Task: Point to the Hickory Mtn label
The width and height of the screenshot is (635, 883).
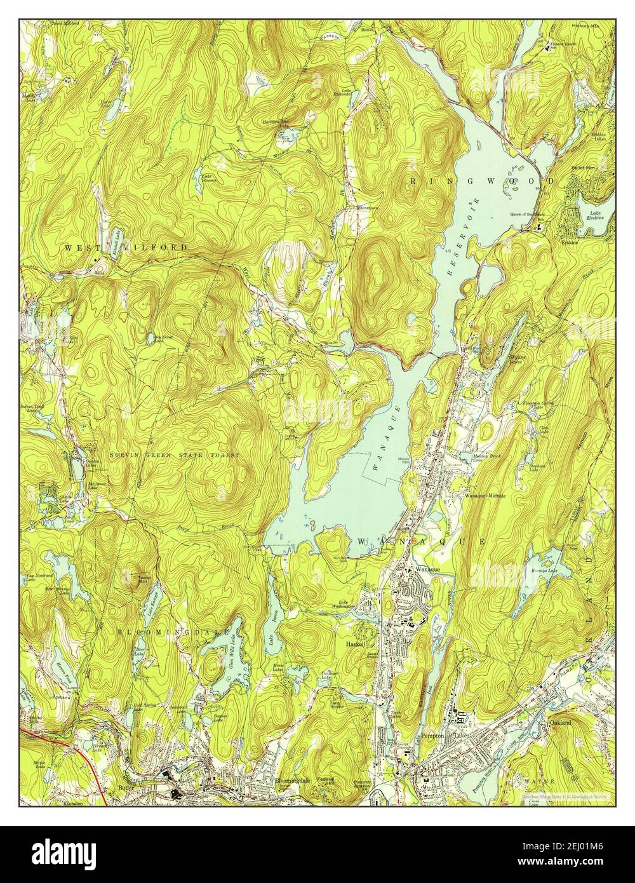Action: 585,26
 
